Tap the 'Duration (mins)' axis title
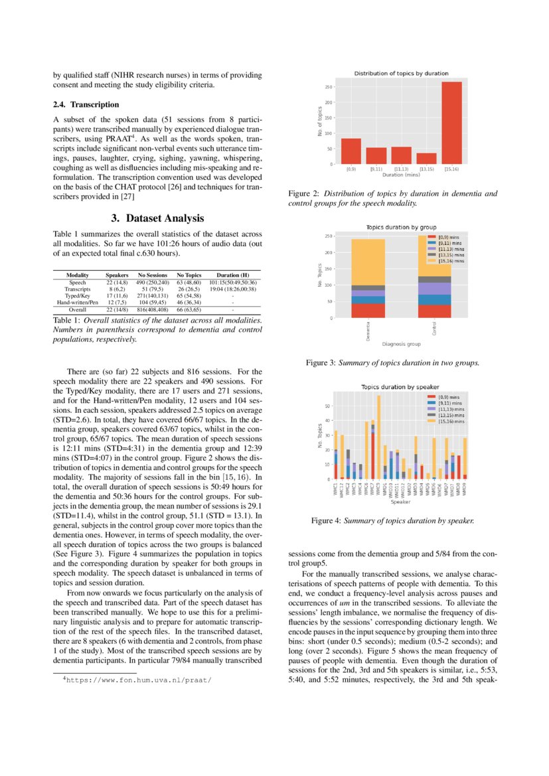pos(400,175)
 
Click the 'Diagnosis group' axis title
pos(401,344)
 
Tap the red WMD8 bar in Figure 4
pos(459,467)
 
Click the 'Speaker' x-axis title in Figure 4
pos(400,502)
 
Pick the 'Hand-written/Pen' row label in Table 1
pos(78,302)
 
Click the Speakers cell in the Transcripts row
pos(118,289)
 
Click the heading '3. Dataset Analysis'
pos(157,218)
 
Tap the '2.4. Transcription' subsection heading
pos(86,105)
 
